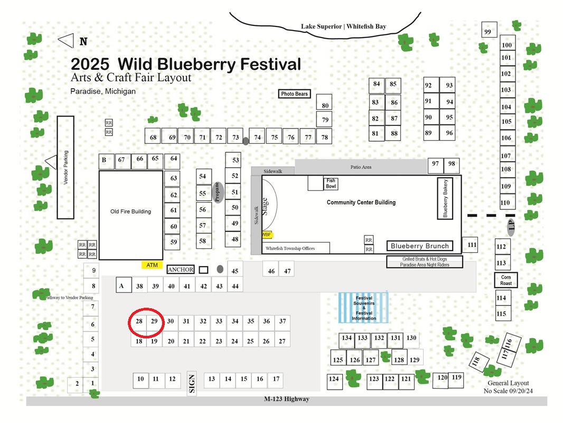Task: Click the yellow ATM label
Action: point(152,265)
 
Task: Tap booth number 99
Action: point(489,30)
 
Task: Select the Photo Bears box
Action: point(294,94)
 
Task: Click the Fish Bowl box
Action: point(331,183)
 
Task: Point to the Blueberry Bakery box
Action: point(445,198)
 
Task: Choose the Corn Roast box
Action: point(506,280)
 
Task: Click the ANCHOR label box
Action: point(181,270)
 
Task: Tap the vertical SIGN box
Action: point(192,383)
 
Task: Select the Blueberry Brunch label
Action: point(420,246)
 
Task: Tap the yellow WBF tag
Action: point(267,235)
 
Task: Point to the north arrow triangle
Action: point(66,41)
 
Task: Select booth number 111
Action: point(470,245)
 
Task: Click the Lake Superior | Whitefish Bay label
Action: point(344,26)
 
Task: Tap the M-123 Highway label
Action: point(287,399)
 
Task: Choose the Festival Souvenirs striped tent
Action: point(363,307)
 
